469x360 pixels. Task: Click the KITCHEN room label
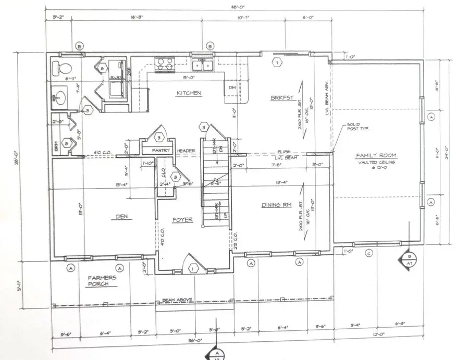(x=189, y=93)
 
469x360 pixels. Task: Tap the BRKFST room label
(x=283, y=98)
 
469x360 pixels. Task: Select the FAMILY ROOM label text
(x=376, y=156)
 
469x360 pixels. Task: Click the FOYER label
(x=182, y=220)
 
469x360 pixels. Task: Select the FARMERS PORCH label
(x=102, y=281)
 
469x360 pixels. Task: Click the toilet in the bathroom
(x=60, y=68)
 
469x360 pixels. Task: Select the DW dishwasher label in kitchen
(x=231, y=88)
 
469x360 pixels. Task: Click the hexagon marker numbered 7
(x=277, y=63)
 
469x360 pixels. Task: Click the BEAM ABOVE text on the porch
(x=178, y=300)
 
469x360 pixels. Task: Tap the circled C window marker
(x=369, y=254)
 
